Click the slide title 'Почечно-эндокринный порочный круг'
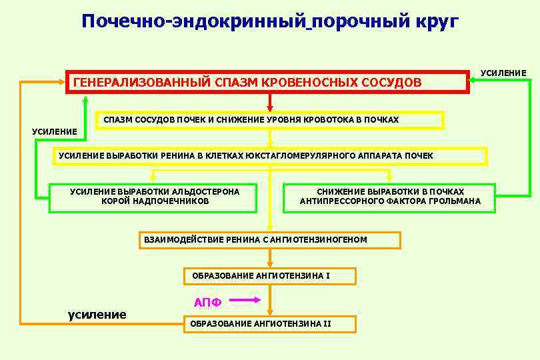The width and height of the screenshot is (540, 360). click(x=270, y=22)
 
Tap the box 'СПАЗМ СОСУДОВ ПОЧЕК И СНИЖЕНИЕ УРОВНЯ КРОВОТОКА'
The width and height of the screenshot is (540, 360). click(x=269, y=120)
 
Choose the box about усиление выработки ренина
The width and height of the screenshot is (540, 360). click(x=269, y=156)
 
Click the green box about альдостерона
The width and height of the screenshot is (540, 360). click(x=153, y=197)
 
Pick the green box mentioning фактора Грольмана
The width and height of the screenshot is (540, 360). click(x=389, y=197)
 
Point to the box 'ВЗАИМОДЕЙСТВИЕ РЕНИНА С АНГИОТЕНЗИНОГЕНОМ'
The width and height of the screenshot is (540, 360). click(x=269, y=240)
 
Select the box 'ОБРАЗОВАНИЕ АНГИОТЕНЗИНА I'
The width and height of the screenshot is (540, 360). click(x=269, y=276)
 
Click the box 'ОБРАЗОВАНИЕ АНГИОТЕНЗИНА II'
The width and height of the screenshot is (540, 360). click(x=269, y=324)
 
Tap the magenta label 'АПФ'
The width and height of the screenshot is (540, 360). click(x=207, y=303)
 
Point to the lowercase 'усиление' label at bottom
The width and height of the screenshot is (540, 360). click(x=97, y=315)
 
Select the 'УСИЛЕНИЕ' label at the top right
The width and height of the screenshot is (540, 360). click(x=503, y=73)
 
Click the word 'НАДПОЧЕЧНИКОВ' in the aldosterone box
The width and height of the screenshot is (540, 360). click(x=155, y=201)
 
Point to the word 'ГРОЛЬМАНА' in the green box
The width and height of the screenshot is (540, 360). click(x=453, y=201)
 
